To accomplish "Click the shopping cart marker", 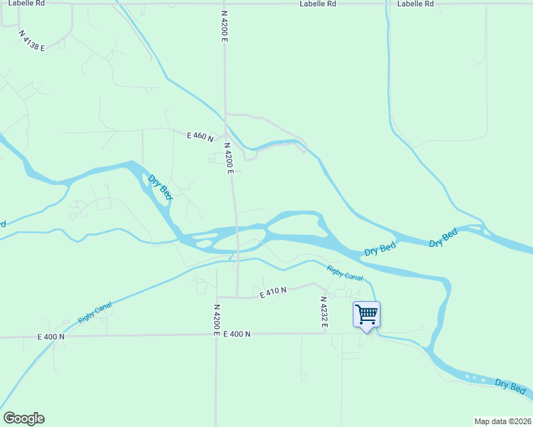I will (x=366, y=313).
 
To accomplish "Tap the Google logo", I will (x=24, y=418).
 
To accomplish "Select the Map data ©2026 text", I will (x=502, y=421).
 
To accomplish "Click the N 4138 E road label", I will (x=32, y=41).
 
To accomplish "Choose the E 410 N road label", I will (x=273, y=291).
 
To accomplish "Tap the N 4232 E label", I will (x=324, y=314).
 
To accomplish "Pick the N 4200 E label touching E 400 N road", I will (x=217, y=320).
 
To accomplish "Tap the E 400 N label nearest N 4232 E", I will (x=237, y=334).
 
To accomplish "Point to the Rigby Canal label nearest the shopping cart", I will (x=345, y=272).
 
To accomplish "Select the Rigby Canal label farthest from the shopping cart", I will (x=95, y=312).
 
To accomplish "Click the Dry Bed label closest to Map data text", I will (x=510, y=385).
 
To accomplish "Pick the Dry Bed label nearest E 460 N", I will (x=160, y=186).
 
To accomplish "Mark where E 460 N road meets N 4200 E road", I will (x=226, y=135).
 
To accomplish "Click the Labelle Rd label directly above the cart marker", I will (x=415, y=4).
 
